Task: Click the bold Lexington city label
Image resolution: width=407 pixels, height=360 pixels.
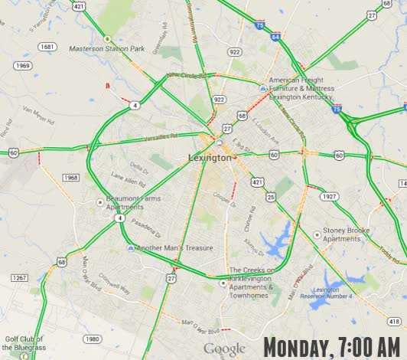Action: [209, 158]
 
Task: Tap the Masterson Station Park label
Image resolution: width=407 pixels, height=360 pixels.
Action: [106, 48]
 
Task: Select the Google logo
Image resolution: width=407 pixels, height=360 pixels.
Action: [224, 349]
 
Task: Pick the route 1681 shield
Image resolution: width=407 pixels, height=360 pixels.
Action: [47, 47]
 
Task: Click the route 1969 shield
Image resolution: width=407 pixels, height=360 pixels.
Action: [23, 66]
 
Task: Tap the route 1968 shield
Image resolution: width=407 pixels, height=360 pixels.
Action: [71, 178]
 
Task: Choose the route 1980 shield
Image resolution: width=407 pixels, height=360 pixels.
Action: [92, 339]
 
